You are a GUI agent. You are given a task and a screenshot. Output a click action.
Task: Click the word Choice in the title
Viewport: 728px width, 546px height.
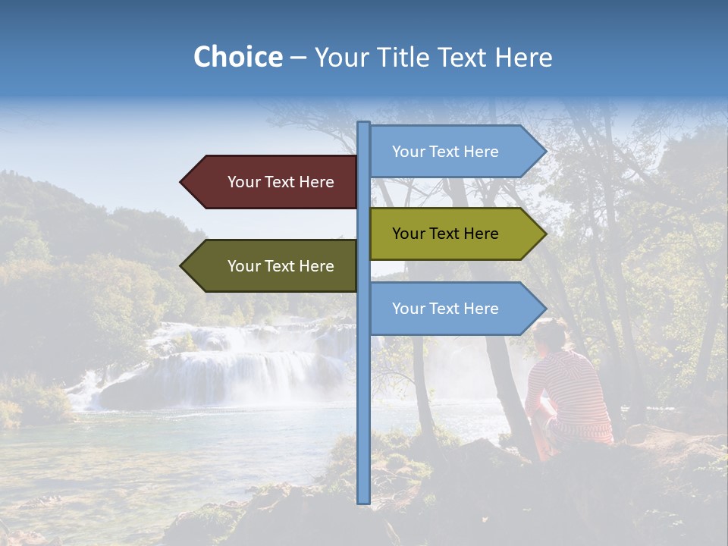237,57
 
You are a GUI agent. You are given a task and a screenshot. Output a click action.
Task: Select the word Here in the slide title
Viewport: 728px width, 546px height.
523,57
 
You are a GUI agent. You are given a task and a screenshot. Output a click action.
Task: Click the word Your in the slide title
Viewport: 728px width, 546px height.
341,57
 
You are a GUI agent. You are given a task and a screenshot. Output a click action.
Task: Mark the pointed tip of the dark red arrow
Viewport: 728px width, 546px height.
183,182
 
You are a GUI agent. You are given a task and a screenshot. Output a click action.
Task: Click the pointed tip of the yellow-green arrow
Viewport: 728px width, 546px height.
544,234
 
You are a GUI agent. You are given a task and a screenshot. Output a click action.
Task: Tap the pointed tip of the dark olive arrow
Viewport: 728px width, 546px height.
183,266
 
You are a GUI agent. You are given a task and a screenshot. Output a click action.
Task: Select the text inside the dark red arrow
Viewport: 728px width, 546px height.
281,182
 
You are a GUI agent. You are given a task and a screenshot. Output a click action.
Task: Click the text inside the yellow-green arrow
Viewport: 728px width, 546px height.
445,234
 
